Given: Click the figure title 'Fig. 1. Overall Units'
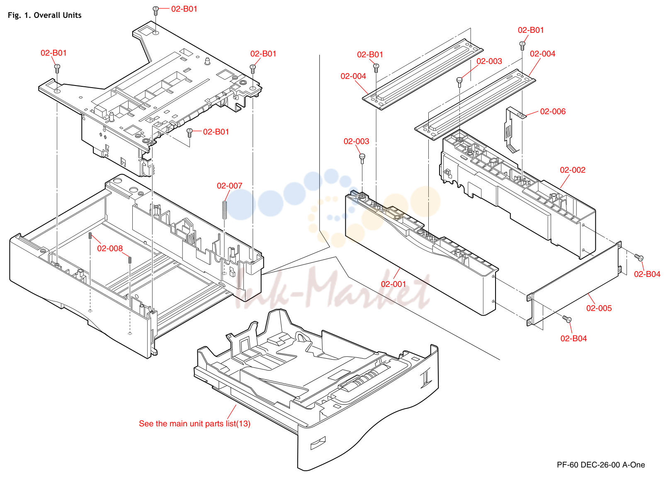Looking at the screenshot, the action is click(x=44, y=15).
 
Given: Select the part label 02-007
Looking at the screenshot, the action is click(x=229, y=186).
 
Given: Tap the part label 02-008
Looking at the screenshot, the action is click(x=110, y=248).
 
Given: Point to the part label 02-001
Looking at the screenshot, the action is click(x=394, y=284).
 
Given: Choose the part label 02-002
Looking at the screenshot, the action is click(x=573, y=170).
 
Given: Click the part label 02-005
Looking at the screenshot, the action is click(x=599, y=308).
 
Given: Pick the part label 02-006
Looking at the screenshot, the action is click(x=553, y=111).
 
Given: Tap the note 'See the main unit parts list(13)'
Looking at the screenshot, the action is click(x=194, y=423).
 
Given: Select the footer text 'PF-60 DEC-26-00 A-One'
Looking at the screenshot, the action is click(x=601, y=465).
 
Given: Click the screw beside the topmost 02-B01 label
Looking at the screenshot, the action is click(x=155, y=11).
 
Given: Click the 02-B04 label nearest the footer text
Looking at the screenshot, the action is click(x=573, y=338).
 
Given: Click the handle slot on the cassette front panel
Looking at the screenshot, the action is click(x=318, y=443).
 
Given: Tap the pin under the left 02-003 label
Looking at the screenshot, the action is click(x=362, y=159).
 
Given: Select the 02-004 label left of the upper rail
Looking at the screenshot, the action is click(x=353, y=76).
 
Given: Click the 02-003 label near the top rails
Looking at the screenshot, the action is click(x=489, y=61).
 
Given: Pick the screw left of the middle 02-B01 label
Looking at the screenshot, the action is click(x=189, y=133).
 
